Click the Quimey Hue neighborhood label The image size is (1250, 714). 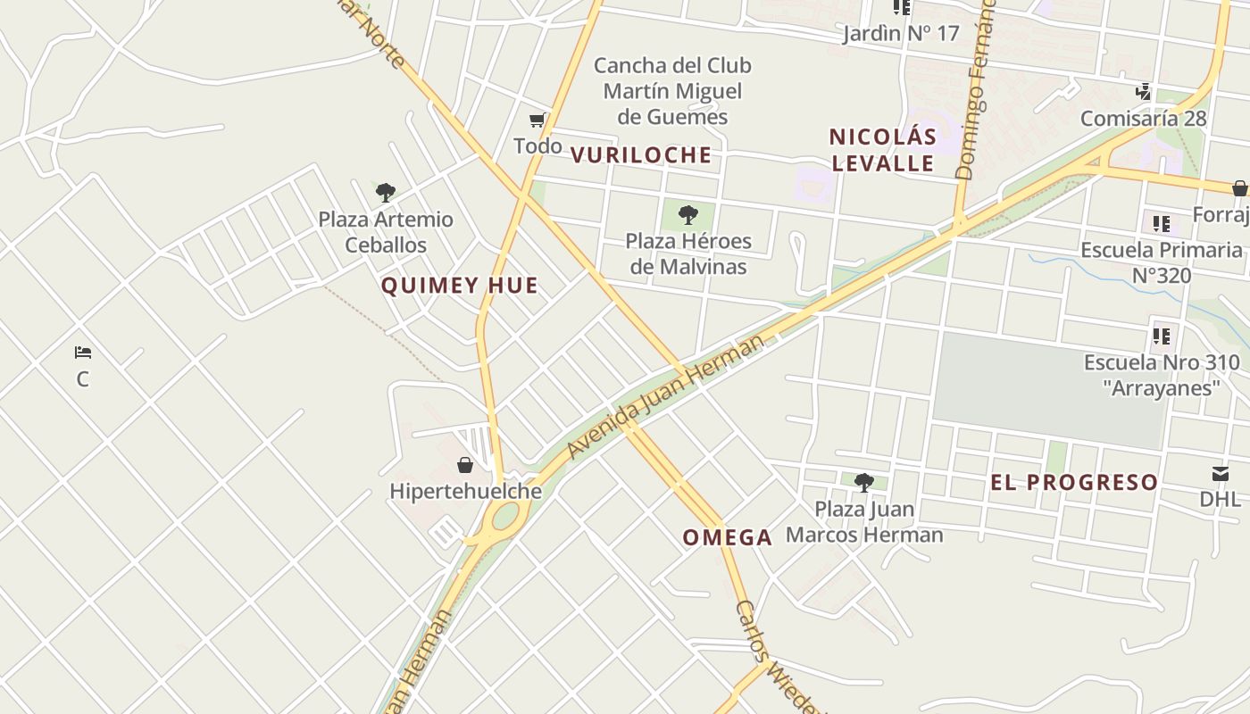click(460, 286)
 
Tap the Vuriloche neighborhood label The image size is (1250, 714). click(641, 155)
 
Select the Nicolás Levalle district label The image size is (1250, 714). click(883, 150)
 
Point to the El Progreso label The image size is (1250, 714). click(1074, 483)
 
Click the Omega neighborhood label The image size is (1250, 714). click(728, 537)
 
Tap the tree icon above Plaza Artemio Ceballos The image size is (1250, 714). click(386, 192)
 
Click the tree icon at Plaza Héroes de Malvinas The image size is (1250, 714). click(687, 214)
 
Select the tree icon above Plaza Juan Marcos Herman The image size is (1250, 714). click(863, 483)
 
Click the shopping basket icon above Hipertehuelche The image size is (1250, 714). click(465, 465)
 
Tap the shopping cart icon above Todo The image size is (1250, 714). click(537, 120)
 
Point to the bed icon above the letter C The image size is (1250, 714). click(83, 353)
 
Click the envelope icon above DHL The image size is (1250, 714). click(1220, 473)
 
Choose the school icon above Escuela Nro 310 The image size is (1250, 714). click(1161, 336)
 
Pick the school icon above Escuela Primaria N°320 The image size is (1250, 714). click(1161, 223)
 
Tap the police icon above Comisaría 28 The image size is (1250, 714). click(1143, 91)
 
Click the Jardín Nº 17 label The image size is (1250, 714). click(901, 34)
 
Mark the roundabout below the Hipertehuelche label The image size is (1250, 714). click(505, 516)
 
